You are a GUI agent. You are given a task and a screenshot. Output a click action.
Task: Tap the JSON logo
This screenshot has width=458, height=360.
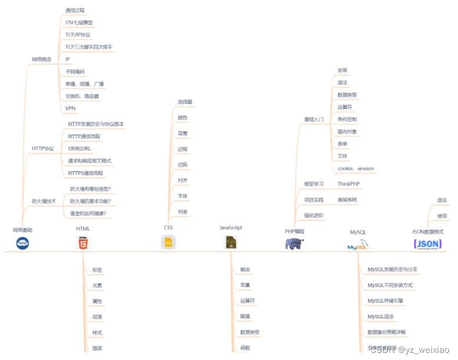click(427, 244)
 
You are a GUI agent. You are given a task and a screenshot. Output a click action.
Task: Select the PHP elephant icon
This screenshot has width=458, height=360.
click(295, 244)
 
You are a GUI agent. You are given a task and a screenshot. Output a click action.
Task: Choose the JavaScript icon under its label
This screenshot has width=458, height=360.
click(231, 242)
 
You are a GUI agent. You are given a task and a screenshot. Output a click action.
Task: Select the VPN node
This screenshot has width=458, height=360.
click(70, 108)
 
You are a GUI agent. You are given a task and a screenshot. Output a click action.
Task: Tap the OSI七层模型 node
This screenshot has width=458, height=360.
click(79, 22)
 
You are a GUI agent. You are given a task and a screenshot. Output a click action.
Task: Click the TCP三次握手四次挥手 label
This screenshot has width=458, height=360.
click(88, 47)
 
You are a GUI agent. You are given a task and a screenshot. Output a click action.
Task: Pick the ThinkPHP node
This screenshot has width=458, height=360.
click(349, 184)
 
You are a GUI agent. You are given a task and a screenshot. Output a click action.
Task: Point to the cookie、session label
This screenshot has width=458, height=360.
click(356, 169)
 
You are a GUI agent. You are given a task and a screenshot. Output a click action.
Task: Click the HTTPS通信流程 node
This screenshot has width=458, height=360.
click(85, 173)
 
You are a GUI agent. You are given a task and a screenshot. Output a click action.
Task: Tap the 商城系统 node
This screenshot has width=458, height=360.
click(347, 200)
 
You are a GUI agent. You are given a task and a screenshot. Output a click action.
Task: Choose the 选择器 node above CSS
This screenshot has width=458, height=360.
click(185, 102)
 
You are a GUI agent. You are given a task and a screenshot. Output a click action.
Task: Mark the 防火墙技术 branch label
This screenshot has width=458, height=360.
click(44, 201)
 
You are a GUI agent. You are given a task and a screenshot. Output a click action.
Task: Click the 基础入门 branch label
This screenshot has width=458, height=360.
click(313, 119)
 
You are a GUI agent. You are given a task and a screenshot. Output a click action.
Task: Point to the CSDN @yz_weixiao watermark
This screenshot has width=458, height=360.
click(410, 350)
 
